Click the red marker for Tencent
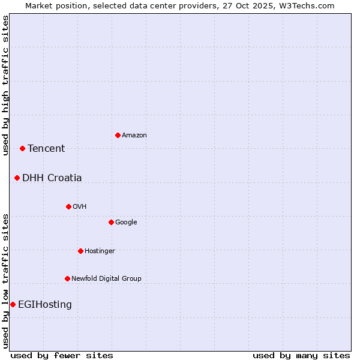click(22, 148)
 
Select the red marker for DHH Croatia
click(17, 178)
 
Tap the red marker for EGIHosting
click(13, 304)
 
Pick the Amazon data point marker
click(118, 135)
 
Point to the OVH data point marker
click(68, 206)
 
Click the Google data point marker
click(111, 222)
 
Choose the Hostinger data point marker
click(80, 251)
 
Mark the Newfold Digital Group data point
click(67, 278)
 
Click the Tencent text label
click(46, 149)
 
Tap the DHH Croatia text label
click(52, 178)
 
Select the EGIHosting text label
click(45, 305)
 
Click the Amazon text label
click(134, 136)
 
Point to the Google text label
click(126, 223)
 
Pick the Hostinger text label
click(100, 251)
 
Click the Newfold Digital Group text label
click(106, 279)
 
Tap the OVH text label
click(80, 207)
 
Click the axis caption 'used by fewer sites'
click(62, 355)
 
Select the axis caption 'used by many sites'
click(301, 355)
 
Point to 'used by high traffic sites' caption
click(5, 85)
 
